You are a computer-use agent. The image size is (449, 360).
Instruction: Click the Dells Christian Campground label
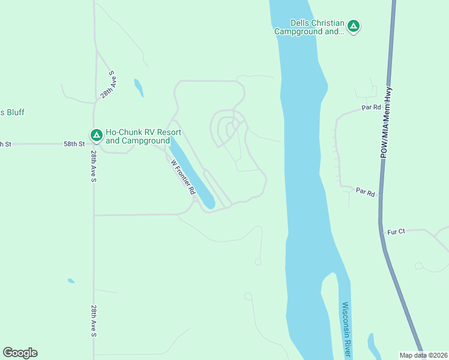point(309,27)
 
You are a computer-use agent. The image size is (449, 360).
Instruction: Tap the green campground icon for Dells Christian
point(354,26)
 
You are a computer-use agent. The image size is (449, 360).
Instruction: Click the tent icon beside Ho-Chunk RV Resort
point(95,136)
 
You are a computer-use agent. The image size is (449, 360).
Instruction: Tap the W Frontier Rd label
point(184,176)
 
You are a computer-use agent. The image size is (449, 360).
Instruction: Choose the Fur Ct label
point(397,232)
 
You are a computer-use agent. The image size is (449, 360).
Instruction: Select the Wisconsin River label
point(346,327)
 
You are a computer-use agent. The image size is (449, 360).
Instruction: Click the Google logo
point(20,353)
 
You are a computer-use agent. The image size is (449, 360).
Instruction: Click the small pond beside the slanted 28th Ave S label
point(139,88)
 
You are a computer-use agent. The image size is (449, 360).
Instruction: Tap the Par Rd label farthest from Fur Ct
point(372,107)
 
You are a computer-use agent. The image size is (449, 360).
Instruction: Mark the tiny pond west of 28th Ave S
point(71,280)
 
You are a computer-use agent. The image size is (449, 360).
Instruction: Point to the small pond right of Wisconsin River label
point(373,345)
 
